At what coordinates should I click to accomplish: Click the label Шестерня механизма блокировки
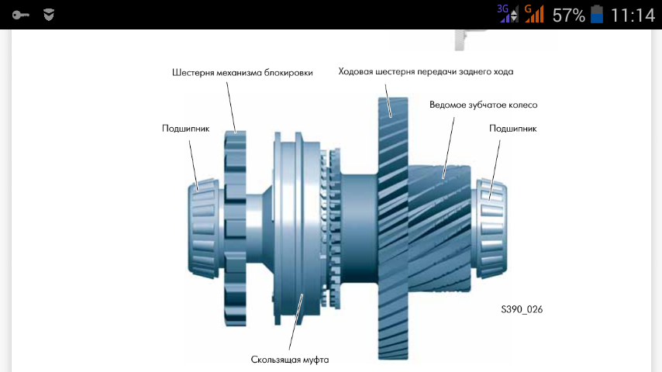[243, 73]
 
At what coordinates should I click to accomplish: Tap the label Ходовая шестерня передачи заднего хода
[426, 72]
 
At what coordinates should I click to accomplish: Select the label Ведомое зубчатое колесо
[484, 105]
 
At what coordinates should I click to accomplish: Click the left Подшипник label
[186, 129]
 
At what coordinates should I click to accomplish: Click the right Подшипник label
[513, 129]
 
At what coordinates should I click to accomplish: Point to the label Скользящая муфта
[290, 360]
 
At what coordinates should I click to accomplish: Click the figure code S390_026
[522, 309]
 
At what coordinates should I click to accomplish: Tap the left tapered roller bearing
[204, 229]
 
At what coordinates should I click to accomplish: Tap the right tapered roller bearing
[491, 229]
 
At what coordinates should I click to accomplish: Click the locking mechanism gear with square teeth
[235, 228]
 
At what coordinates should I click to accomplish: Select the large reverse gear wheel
[393, 228]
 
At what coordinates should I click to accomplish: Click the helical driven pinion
[440, 229]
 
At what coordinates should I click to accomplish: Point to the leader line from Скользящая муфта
[296, 322]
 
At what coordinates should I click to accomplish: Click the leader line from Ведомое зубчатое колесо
[448, 148]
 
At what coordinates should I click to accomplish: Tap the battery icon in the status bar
[597, 15]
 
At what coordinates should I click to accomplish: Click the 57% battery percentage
[569, 15]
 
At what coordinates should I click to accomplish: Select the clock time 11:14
[633, 15]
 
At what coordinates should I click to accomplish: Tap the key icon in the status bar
[20, 15]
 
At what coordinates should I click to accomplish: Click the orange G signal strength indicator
[534, 14]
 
